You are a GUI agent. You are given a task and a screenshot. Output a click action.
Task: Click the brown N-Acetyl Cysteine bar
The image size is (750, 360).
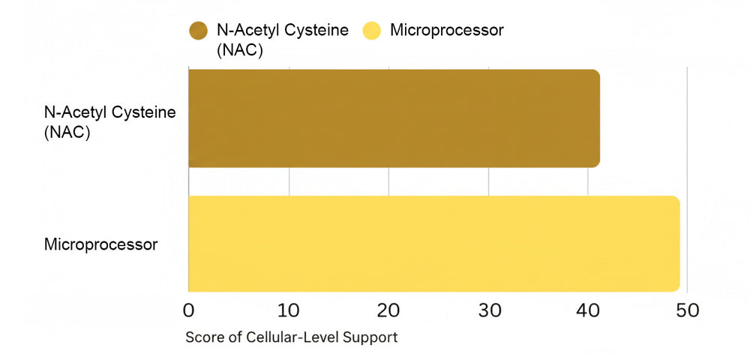pos(394,118)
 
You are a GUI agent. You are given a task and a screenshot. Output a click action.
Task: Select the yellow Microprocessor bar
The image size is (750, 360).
pos(433,244)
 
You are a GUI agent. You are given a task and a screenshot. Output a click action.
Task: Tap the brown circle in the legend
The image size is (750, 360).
pos(199,31)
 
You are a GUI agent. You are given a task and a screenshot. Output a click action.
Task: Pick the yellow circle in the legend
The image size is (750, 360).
pos(373,31)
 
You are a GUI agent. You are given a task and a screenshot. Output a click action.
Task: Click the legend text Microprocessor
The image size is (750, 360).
pos(447,31)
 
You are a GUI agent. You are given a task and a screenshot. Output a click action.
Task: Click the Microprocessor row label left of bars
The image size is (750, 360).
pos(101,244)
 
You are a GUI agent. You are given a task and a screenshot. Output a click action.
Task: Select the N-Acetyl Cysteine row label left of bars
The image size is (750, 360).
pos(109,112)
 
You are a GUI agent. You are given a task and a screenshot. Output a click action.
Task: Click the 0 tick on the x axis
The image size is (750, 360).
pos(188,310)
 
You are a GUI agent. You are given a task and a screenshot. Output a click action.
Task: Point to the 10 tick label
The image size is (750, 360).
pos(288,310)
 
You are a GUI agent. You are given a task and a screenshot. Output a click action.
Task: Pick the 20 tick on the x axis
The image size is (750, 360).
pos(388,310)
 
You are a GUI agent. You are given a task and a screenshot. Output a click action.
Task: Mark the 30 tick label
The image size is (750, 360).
pos(488,310)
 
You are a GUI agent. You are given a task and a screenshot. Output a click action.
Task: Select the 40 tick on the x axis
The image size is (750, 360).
pos(588,310)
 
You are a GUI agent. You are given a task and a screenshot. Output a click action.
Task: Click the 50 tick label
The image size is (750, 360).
pos(688,310)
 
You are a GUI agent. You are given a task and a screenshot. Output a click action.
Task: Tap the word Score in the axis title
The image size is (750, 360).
pos(202,337)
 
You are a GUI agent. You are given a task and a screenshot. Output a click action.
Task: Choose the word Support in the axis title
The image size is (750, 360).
pos(370,337)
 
